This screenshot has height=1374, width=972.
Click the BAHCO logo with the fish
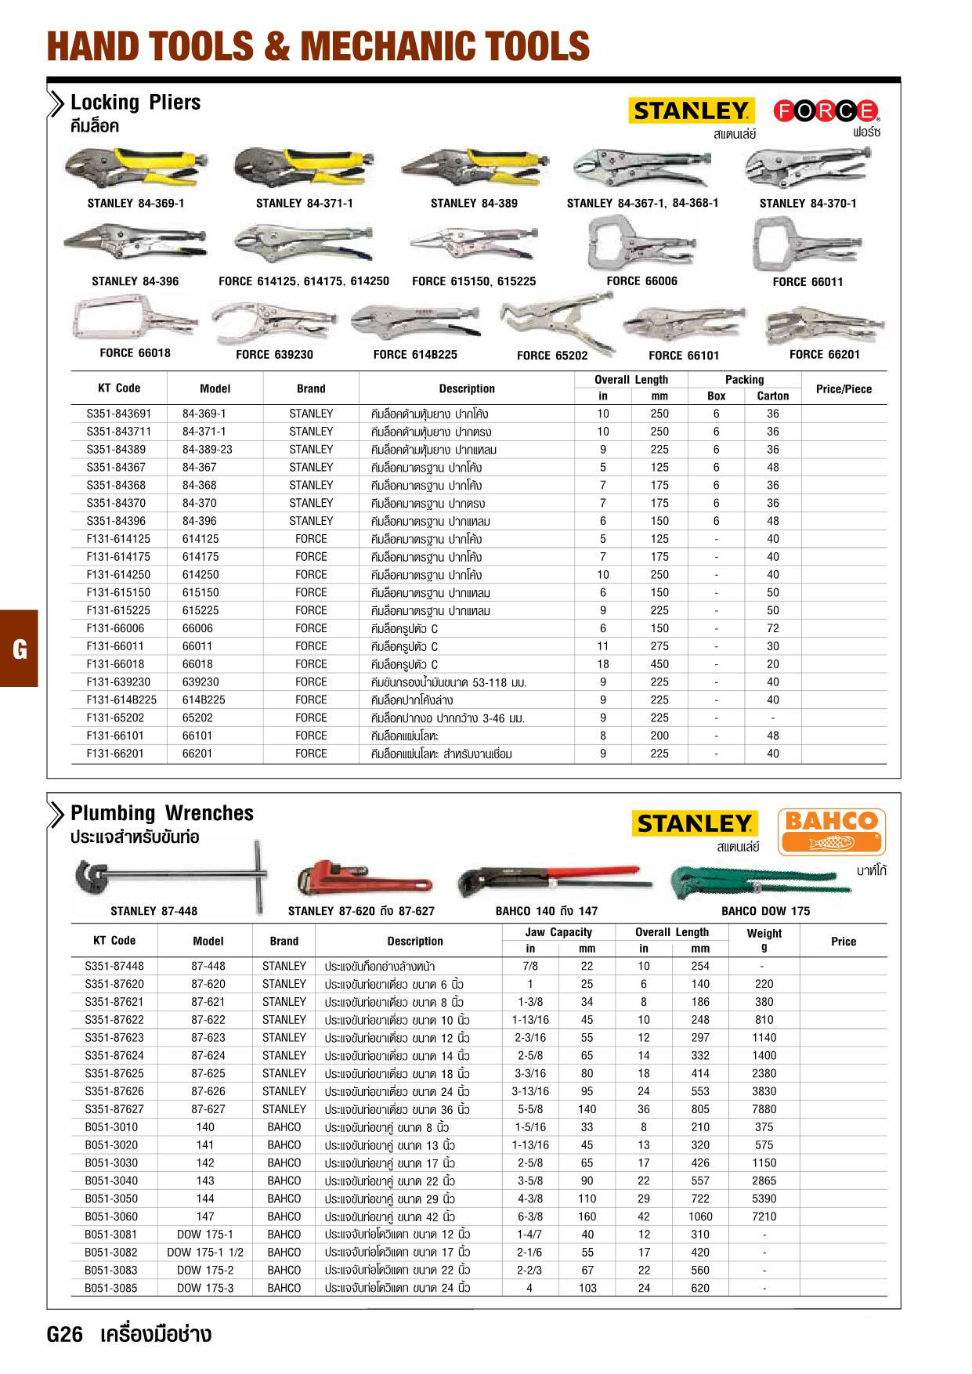tap(831, 831)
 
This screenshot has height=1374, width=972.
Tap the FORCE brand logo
tap(826, 111)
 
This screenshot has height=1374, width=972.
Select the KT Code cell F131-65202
tap(116, 718)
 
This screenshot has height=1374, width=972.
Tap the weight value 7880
tap(764, 1109)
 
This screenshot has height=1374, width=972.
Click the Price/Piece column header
tap(844, 389)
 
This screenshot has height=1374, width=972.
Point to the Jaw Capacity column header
tap(558, 932)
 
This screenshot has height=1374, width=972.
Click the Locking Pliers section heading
tap(136, 103)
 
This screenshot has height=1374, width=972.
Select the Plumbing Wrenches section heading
tap(162, 813)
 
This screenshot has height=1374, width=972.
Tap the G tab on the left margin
tap(19, 649)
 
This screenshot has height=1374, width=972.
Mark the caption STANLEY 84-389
tap(474, 204)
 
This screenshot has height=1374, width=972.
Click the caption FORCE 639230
tap(274, 355)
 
